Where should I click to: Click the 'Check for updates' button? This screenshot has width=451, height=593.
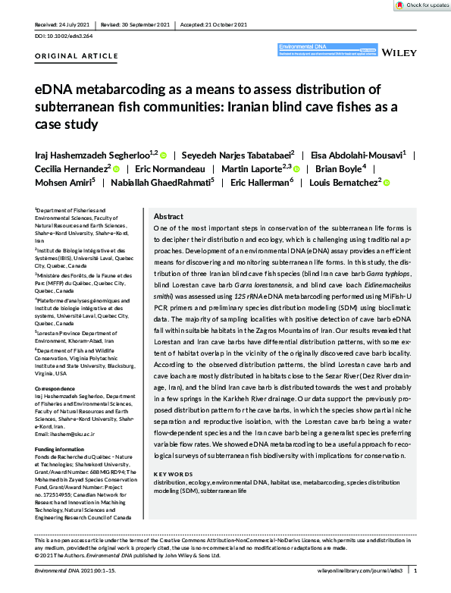click(x=418, y=5)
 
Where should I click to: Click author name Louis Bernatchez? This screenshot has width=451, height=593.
click(x=347, y=183)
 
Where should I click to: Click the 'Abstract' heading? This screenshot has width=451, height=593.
click(x=168, y=216)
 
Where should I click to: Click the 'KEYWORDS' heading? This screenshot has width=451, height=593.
click(x=171, y=474)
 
